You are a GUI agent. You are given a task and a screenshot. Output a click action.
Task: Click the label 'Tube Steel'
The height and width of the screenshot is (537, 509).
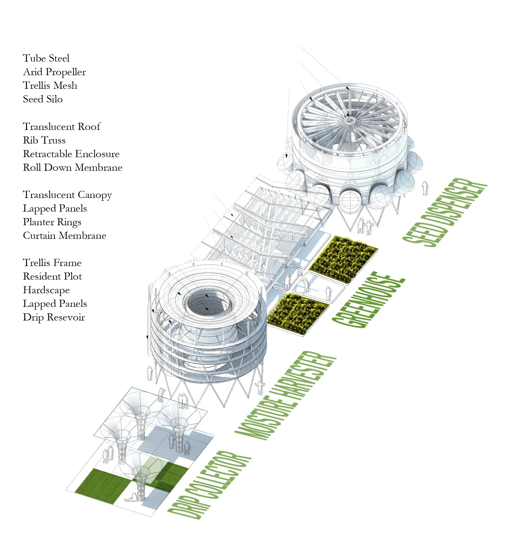[46, 58]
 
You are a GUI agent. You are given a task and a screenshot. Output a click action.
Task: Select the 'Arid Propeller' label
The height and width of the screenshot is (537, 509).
[54, 72]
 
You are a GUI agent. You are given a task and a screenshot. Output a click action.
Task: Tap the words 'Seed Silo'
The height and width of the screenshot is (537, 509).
[43, 99]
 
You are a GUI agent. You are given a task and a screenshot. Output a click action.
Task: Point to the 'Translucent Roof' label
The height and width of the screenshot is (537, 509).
[62, 127]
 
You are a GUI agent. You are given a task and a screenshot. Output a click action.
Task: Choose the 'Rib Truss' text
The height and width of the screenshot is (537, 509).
[44, 140]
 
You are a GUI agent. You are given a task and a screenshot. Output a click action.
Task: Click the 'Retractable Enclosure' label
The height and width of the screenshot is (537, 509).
[71, 154]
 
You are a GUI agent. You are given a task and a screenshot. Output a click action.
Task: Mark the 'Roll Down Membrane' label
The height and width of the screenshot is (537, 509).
[72, 167]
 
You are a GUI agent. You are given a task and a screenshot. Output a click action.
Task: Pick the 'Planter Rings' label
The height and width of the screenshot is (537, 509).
[52, 222]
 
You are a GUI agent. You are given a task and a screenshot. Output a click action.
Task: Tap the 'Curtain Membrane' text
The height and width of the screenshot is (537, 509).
[64, 236]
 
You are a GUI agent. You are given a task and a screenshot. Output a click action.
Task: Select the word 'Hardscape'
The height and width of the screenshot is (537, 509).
[46, 290]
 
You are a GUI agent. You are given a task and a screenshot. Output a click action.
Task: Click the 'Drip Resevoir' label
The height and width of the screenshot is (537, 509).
[54, 317]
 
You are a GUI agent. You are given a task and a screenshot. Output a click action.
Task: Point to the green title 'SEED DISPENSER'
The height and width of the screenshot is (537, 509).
[445, 212]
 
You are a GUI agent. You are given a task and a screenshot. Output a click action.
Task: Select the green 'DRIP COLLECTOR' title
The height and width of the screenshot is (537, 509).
[209, 484]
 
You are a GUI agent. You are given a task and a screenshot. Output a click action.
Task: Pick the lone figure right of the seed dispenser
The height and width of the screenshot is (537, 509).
[425, 188]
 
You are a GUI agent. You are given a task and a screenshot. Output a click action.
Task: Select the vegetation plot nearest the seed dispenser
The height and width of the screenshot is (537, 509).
[344, 259]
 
